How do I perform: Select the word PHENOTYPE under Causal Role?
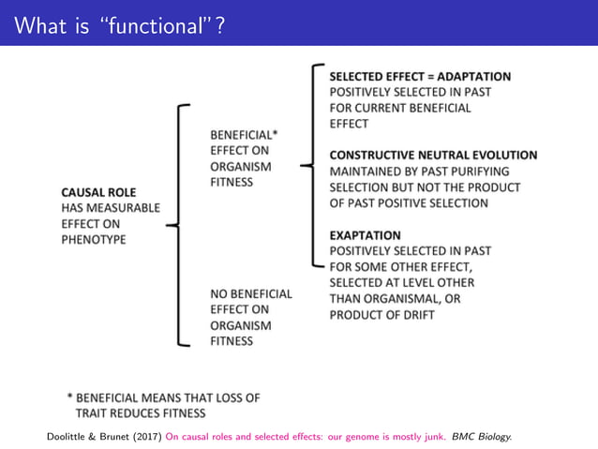coord(93,239)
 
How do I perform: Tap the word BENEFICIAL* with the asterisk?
coord(244,135)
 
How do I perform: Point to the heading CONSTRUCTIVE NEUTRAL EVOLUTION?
coord(433,156)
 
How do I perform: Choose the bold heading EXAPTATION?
coord(365,235)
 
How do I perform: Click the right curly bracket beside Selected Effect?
coord(314,165)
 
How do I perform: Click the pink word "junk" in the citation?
coord(434,436)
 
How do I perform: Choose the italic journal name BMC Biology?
coord(482,436)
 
